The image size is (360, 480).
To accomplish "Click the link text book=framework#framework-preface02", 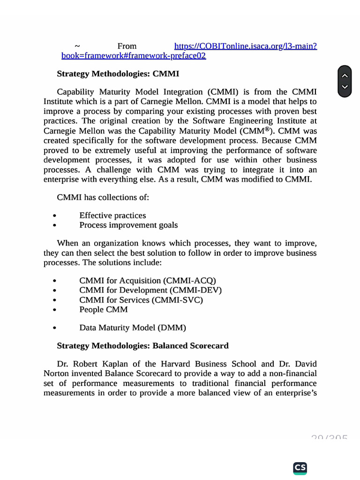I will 134,56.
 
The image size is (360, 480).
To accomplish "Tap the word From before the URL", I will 127,46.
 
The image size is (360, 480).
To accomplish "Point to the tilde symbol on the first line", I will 77,46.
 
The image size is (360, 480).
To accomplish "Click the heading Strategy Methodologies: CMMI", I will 118,74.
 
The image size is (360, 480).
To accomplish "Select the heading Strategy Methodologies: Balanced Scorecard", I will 142,345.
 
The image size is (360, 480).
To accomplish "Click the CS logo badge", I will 300,467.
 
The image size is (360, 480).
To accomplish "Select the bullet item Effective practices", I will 112,215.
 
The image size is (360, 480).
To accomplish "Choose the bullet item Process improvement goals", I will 128,225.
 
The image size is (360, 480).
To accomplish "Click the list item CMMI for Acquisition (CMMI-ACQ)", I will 148,280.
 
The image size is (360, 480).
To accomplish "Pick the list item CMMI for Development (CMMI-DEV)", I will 150,290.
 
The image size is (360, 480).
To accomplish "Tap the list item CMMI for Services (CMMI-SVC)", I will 141,300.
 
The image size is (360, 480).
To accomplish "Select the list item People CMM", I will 103,309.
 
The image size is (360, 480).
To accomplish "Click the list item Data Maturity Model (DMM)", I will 133,328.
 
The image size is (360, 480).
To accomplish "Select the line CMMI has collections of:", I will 103,197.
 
